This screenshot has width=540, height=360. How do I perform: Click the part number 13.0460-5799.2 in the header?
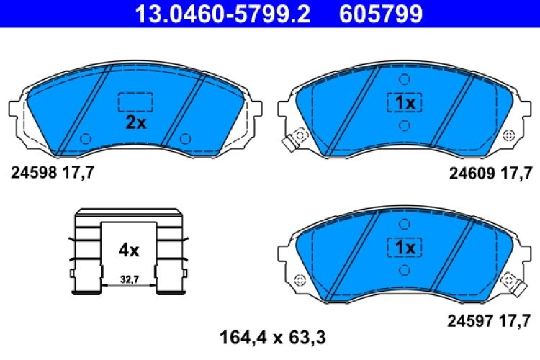pyautogui.click(x=217, y=13)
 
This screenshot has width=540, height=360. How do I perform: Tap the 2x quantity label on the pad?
pyautogui.click(x=135, y=122)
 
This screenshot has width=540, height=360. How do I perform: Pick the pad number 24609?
pyautogui.click(x=472, y=172)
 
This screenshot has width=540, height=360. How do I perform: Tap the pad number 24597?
pyautogui.click(x=472, y=318)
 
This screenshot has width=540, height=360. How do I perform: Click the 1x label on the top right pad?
pyautogui.click(x=404, y=103)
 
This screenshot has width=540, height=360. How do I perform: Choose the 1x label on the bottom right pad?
pyautogui.click(x=404, y=247)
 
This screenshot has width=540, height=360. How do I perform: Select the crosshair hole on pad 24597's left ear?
pyautogui.click(x=300, y=279)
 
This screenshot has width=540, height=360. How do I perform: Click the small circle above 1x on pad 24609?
pyautogui.click(x=404, y=79)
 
